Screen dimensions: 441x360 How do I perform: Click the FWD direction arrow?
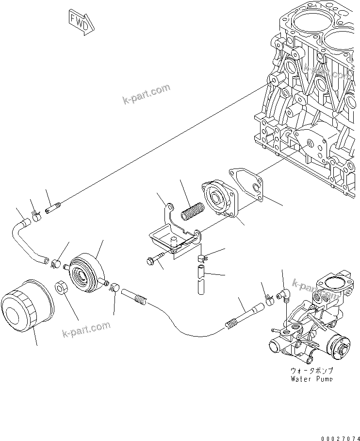(x=80, y=22)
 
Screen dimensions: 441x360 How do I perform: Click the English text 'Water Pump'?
(x=312, y=378)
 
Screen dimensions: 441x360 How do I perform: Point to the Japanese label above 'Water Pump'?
(x=312, y=370)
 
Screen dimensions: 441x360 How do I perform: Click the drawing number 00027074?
(x=339, y=437)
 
